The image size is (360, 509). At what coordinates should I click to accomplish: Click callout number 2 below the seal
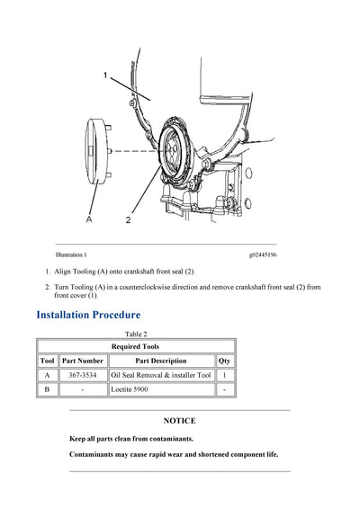(x=128, y=218)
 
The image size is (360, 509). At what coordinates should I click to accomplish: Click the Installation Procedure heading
(x=88, y=315)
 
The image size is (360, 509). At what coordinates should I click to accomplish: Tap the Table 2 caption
(x=135, y=334)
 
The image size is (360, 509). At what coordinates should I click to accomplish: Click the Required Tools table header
(x=135, y=346)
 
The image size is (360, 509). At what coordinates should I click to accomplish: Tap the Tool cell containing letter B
(x=47, y=390)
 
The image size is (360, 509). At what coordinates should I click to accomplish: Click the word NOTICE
(x=180, y=420)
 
